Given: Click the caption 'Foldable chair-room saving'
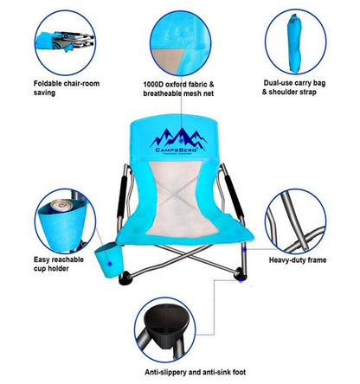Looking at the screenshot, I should (x=64, y=89).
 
